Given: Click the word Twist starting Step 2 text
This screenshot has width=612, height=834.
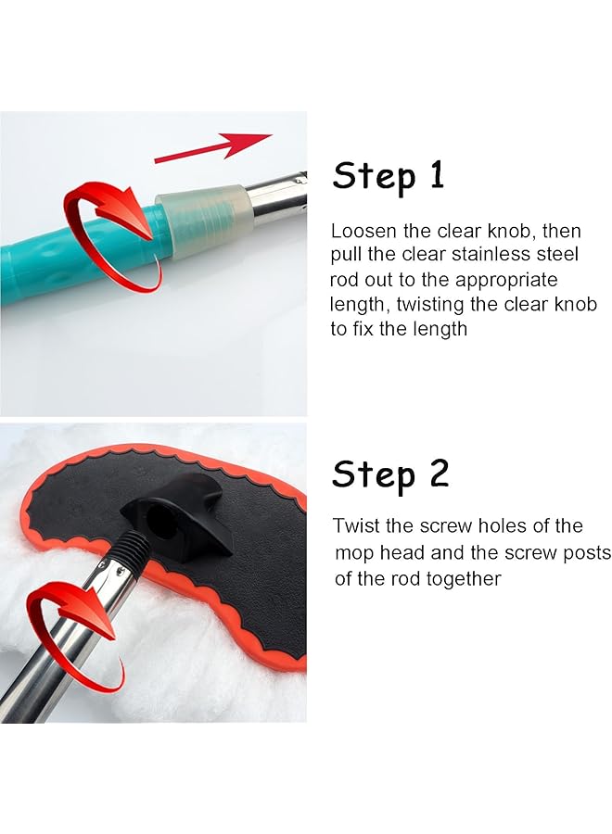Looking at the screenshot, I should click(x=357, y=526).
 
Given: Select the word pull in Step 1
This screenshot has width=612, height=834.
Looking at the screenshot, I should click(x=347, y=255).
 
